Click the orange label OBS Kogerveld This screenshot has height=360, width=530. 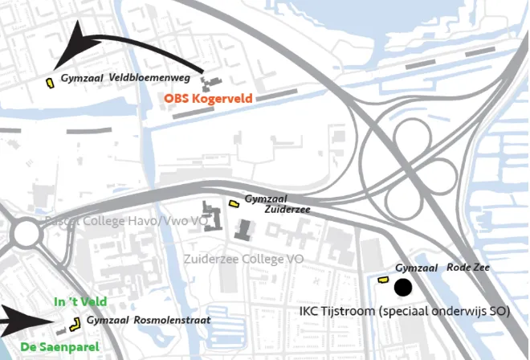(208, 99)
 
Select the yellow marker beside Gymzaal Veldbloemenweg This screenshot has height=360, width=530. (50, 81)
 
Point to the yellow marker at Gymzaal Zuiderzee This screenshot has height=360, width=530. (234, 203)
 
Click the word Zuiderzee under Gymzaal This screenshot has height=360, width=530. (287, 209)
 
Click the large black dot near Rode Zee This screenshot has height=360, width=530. (402, 287)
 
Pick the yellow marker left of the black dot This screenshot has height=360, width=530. (383, 280)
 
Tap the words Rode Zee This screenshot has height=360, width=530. (467, 268)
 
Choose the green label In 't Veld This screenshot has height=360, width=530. (69, 301)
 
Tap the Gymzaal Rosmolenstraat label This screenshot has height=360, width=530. (149, 321)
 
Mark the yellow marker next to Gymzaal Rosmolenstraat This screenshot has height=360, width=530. (76, 324)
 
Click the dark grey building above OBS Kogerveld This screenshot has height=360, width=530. (211, 82)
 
